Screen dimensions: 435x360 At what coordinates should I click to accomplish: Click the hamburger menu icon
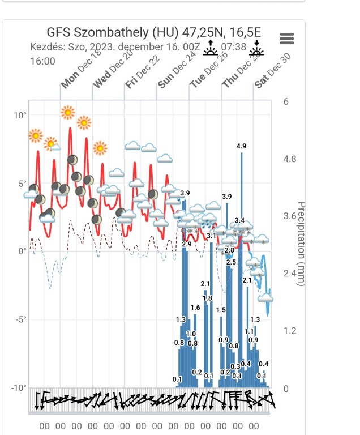[287, 38]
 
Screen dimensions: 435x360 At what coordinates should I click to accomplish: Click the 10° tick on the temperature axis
[20, 116]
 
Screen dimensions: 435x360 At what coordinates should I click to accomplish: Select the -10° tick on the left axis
[19, 388]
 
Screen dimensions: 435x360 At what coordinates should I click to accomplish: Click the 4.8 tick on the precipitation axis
[289, 159]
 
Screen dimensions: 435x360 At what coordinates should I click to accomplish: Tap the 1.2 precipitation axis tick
[289, 331]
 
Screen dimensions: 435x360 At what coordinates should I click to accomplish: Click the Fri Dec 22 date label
[142, 74]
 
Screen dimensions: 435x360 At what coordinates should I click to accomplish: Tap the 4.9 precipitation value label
[242, 147]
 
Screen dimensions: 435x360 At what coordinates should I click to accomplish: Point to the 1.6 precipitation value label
[195, 308]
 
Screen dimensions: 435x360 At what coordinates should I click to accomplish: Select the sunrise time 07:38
[234, 47]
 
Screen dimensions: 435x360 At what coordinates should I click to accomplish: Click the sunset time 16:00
[42, 61]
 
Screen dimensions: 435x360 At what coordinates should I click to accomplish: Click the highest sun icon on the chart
[68, 112]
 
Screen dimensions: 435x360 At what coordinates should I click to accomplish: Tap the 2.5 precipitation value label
[231, 262]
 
